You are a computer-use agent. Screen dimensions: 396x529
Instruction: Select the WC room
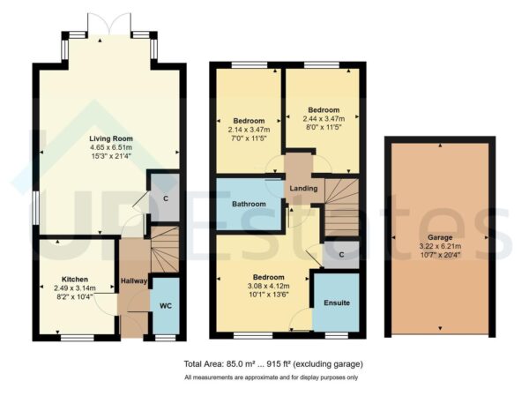tap(165, 307)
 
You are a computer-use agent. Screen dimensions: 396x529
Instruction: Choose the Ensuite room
tap(336, 303)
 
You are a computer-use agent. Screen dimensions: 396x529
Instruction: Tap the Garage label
tap(438, 236)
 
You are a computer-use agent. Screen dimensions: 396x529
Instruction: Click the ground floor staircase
tap(164, 249)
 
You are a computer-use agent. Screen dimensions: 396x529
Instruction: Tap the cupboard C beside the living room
tap(165, 199)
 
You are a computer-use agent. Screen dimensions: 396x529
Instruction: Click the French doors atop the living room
tap(108, 27)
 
